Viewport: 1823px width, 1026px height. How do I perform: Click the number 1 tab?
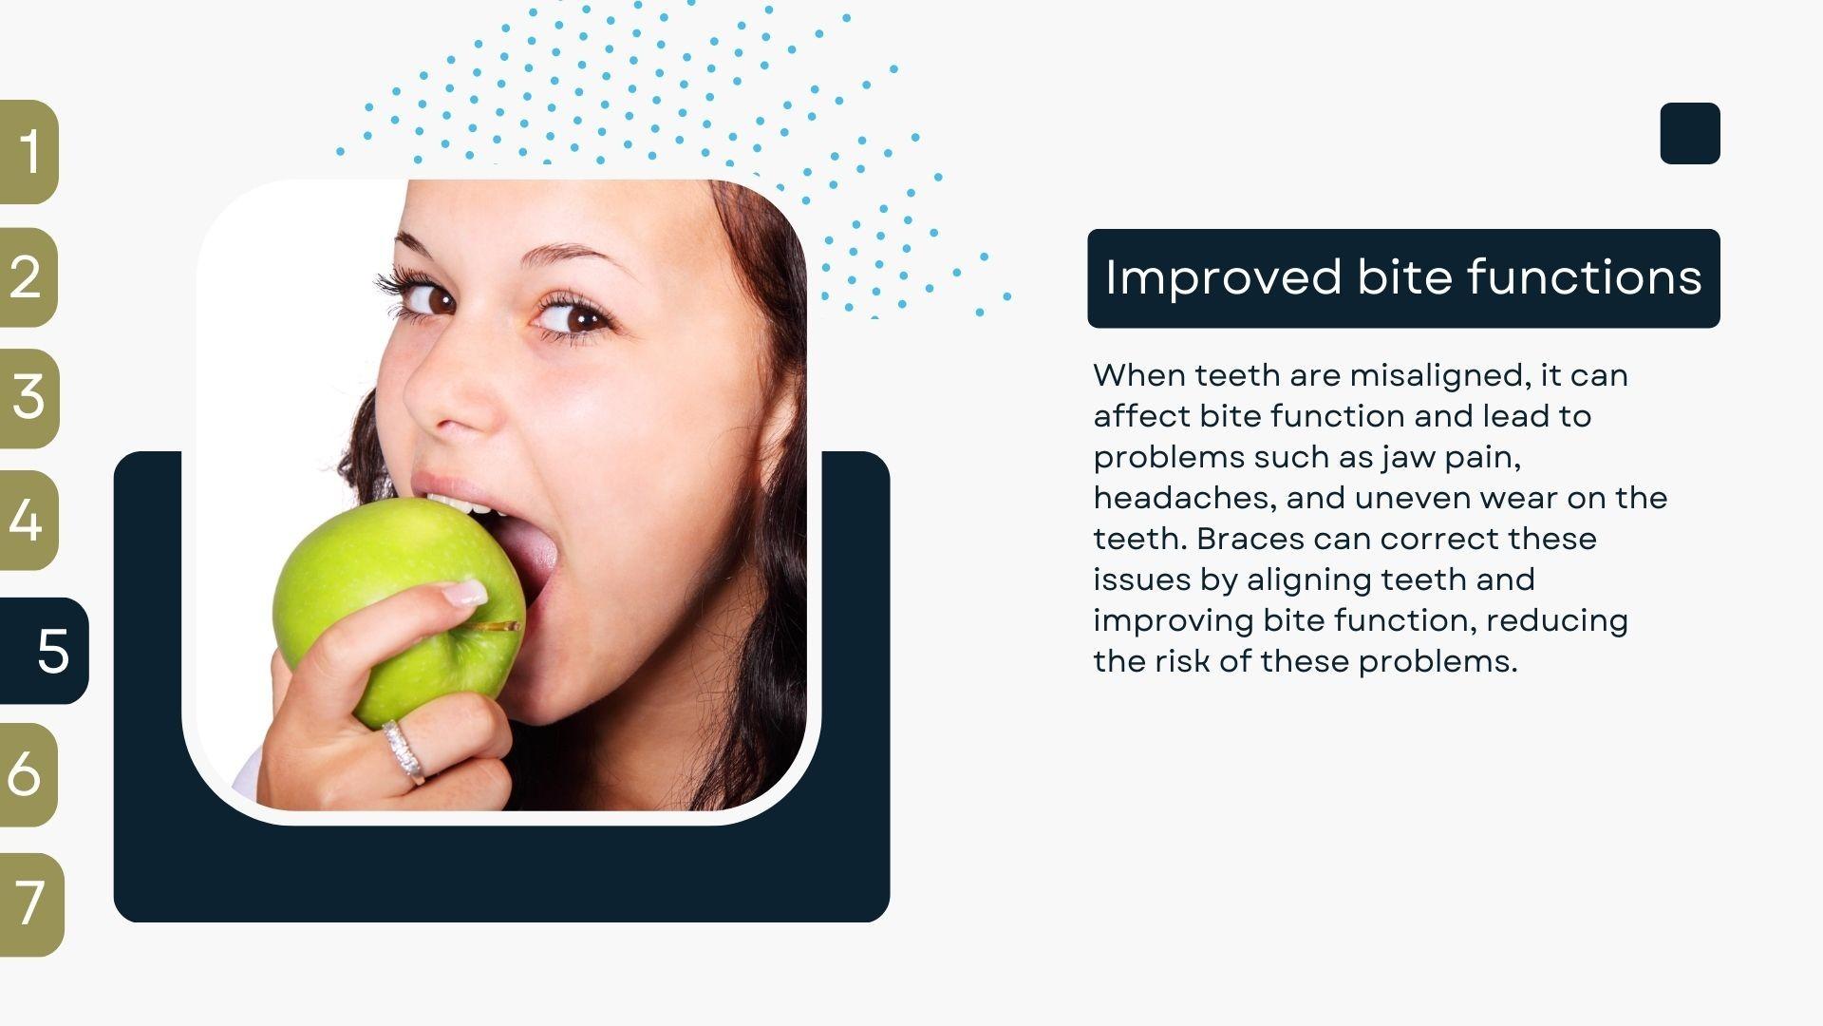click(28, 152)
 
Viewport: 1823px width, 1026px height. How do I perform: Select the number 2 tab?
click(28, 277)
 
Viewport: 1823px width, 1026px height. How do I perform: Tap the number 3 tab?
click(29, 398)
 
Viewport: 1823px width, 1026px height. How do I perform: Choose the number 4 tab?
click(28, 520)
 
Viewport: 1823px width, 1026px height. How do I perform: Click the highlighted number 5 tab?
click(44, 651)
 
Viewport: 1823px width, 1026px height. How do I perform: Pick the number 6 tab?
click(28, 774)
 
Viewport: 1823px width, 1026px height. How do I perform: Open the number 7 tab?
click(31, 903)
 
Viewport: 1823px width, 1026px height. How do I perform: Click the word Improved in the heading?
click(1223, 278)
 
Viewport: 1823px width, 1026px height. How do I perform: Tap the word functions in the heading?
click(1584, 277)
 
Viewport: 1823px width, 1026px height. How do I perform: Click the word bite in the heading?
click(1403, 277)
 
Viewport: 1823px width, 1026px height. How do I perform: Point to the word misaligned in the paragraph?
click(1440, 376)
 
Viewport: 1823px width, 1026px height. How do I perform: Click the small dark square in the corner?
click(1690, 133)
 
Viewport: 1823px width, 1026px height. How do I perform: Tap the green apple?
click(399, 608)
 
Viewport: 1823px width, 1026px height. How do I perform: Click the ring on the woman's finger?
click(404, 750)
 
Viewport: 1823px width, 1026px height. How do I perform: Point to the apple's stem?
click(496, 626)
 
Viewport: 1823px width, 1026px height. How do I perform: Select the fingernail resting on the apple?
click(465, 594)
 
